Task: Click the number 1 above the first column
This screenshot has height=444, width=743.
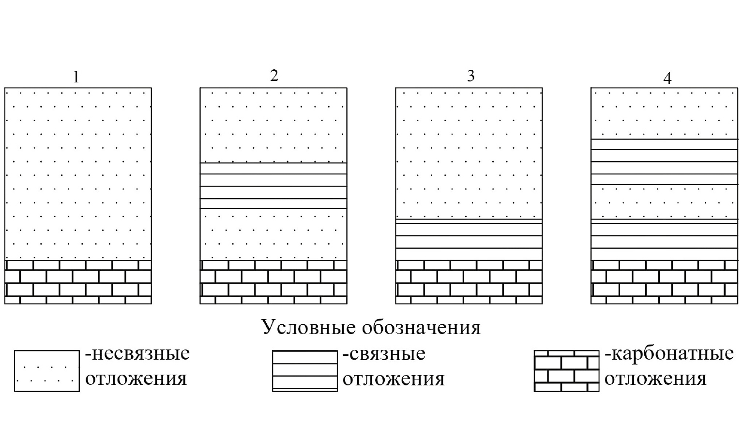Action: [76, 77]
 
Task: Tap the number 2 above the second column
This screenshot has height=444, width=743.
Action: [274, 76]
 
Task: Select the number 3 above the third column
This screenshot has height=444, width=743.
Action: [470, 76]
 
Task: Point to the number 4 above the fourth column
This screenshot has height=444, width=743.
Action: [667, 79]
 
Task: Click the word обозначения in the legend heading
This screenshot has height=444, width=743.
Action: [421, 328]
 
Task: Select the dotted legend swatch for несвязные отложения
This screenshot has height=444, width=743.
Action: [47, 371]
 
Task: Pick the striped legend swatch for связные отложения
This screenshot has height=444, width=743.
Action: [305, 371]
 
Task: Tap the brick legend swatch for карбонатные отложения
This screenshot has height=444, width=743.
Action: [566, 371]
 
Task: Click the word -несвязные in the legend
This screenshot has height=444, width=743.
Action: [137, 353]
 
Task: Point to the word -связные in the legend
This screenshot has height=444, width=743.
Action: [384, 354]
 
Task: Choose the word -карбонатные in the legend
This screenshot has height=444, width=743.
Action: [669, 353]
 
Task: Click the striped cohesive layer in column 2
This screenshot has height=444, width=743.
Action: [273, 186]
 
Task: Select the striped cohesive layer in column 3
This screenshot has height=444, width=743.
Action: [469, 240]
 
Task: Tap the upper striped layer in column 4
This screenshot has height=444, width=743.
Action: [665, 162]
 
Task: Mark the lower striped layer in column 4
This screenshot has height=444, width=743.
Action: [665, 240]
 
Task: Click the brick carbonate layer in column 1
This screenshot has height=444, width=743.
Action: [78, 282]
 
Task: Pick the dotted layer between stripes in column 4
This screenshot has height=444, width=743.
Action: [665, 202]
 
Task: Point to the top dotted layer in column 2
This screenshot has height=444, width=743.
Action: [273, 125]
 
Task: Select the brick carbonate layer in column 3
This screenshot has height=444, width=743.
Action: [469, 282]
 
